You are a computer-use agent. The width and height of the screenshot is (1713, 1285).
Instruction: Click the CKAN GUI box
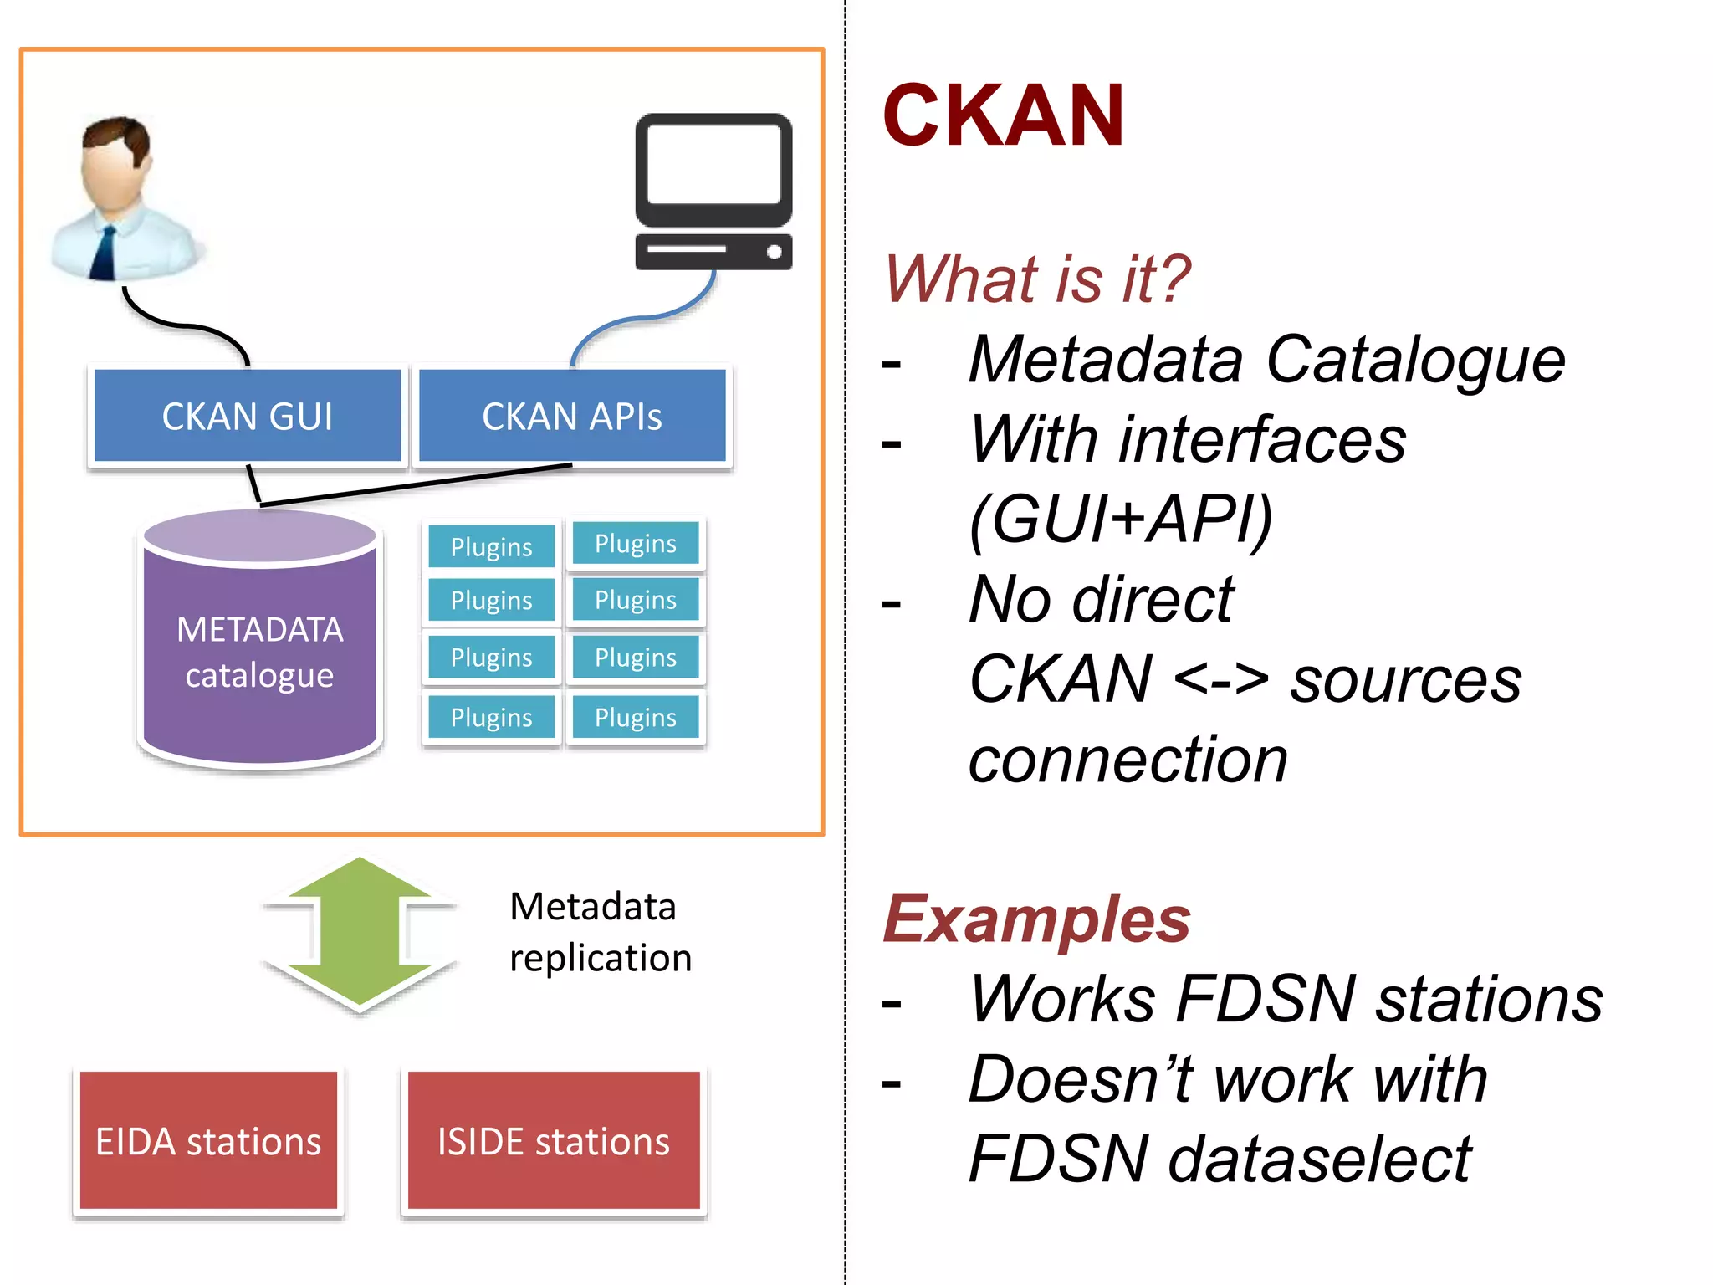[x=248, y=416]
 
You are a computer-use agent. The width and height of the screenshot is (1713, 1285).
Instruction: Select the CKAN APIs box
[x=572, y=416]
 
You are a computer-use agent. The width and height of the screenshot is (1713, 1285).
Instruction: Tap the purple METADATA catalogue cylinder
[x=260, y=653]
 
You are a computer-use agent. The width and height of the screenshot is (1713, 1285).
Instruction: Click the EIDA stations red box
[x=208, y=1141]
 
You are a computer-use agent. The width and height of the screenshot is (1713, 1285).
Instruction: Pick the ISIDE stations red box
[x=554, y=1141]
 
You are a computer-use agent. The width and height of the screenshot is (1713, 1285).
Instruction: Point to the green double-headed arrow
[x=360, y=933]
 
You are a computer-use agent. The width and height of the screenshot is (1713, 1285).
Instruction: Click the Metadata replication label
[x=601, y=931]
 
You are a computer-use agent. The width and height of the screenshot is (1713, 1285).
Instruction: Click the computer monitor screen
[x=713, y=164]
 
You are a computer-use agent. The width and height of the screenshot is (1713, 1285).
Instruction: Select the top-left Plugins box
[x=491, y=546]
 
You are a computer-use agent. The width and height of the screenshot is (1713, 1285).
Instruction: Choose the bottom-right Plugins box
[x=636, y=717]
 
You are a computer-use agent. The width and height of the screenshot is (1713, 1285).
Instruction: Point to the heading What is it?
[x=1037, y=279]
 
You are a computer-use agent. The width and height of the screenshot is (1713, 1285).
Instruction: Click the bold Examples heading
[x=1037, y=919]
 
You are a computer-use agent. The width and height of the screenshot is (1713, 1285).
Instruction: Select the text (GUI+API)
[x=1121, y=519]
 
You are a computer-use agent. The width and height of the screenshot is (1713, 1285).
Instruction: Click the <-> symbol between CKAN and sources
[x=1221, y=679]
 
